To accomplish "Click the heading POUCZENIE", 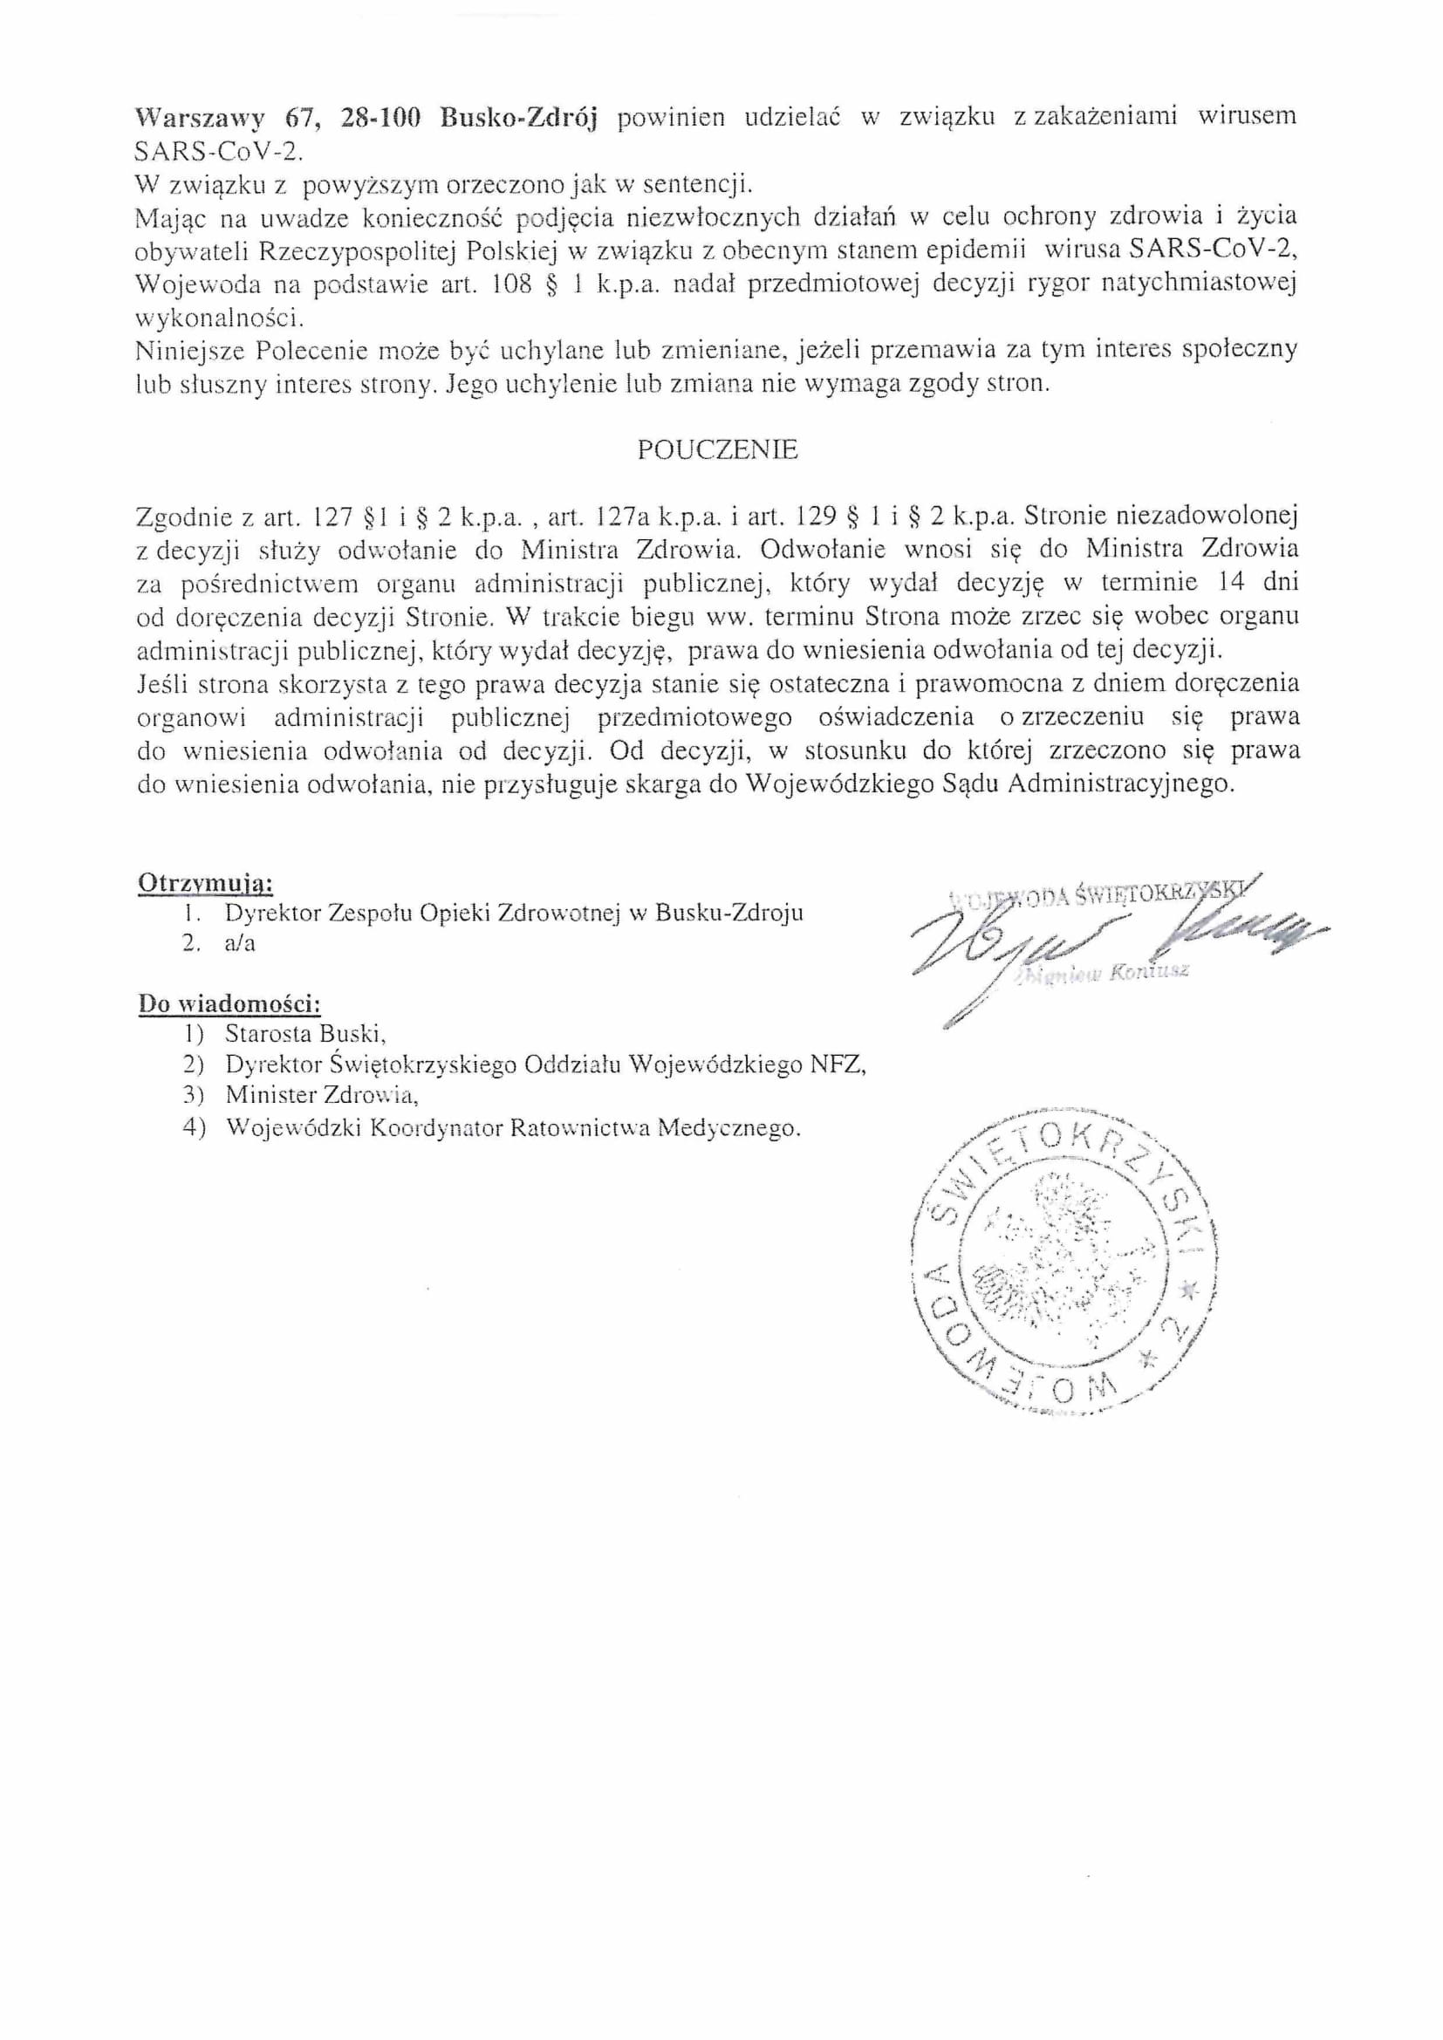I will click(x=717, y=450).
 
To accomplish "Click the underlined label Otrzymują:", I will click(x=205, y=884).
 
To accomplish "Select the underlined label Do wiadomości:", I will click(x=229, y=1004).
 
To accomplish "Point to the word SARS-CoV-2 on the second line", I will click(x=219, y=151).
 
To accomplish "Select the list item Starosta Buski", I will click(x=304, y=1034).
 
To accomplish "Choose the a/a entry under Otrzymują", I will click(x=240, y=943).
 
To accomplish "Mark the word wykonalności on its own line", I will click(x=220, y=317).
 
